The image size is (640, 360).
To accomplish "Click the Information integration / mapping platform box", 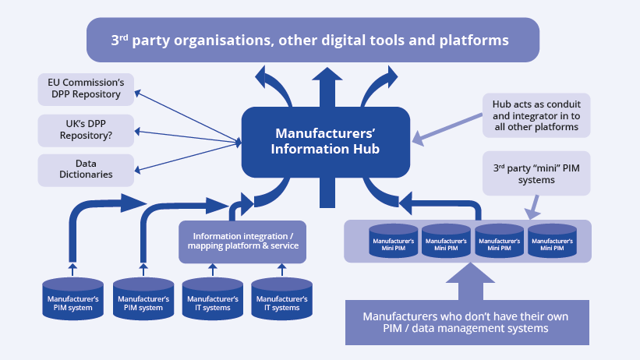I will (x=242, y=241).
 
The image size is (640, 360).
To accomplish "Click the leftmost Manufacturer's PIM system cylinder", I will (x=72, y=298).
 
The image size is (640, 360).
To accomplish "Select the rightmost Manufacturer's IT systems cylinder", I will (x=281, y=298).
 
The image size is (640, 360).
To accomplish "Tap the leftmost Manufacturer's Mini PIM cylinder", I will (x=394, y=242).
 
